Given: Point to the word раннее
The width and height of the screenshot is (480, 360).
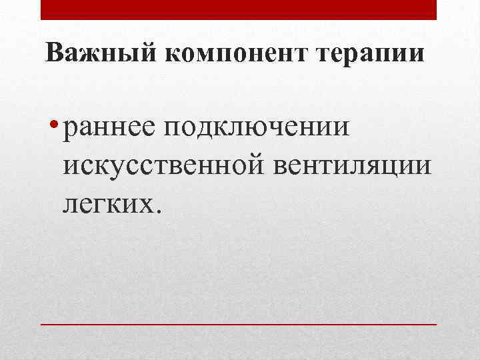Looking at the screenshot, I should click(x=103, y=127).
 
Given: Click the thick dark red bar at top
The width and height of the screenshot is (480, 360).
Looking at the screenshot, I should click(x=239, y=9).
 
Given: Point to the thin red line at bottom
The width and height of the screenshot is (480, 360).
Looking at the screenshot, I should click(x=239, y=324).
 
